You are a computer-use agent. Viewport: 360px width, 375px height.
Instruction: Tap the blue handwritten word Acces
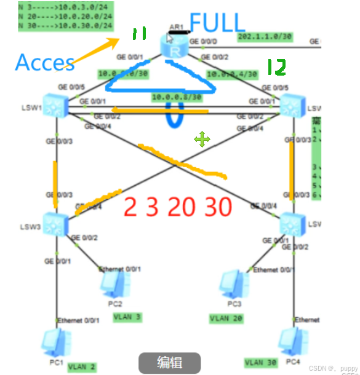pos(44,61)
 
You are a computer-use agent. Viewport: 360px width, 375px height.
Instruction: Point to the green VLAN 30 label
pos(261,362)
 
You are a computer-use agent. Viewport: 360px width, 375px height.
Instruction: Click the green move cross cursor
pos(202,140)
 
